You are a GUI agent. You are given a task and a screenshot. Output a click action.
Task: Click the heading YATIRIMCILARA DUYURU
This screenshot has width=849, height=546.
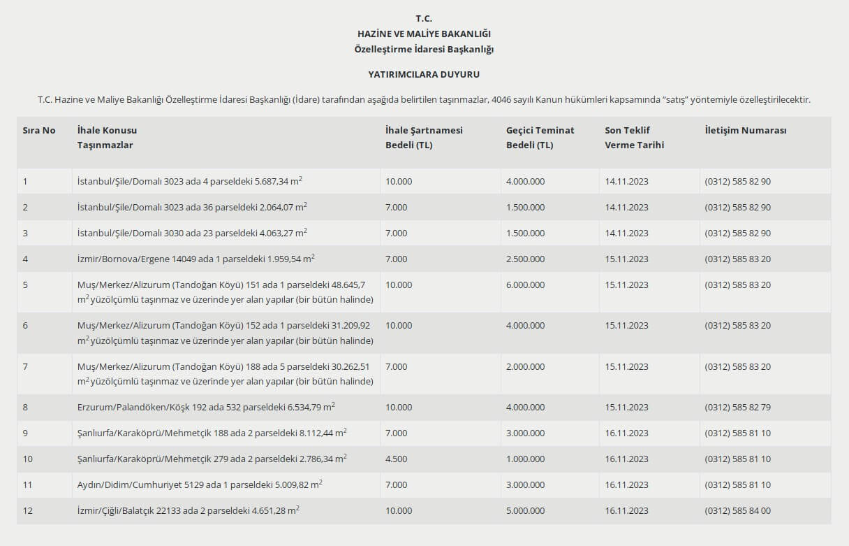click(x=424, y=74)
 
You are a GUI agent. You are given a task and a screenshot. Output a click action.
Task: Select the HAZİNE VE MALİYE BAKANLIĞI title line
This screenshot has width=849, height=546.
click(x=424, y=34)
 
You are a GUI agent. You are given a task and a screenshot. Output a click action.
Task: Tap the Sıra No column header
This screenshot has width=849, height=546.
click(x=39, y=131)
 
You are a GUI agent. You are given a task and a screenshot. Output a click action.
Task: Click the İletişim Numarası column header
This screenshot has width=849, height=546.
click(x=746, y=131)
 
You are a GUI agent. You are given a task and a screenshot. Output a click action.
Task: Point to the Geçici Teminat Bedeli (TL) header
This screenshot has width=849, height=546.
click(x=540, y=138)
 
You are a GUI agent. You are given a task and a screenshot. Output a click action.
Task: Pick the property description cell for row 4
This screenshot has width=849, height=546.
click(x=196, y=259)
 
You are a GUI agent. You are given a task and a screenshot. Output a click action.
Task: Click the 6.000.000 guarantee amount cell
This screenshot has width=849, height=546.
click(x=525, y=285)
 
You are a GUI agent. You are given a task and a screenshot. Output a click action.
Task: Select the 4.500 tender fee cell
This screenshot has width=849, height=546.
click(x=396, y=459)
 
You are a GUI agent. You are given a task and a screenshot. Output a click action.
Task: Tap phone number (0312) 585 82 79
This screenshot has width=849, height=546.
click(x=737, y=407)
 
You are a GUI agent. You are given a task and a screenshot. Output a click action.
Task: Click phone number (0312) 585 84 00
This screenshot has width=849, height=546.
click(x=737, y=510)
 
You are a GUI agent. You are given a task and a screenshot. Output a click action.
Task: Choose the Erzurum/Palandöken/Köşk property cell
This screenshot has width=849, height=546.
click(x=206, y=407)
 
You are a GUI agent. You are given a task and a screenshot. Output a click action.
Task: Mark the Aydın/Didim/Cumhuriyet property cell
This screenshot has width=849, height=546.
click(x=200, y=484)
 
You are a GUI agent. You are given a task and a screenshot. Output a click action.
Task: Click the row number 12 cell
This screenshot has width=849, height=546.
click(x=28, y=510)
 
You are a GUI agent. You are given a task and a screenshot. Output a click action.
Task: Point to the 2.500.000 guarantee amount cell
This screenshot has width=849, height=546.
click(x=525, y=259)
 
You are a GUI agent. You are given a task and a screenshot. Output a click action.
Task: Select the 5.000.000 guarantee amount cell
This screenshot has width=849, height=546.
click(x=525, y=510)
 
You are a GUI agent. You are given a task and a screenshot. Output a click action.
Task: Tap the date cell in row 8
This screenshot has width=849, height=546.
click(x=626, y=407)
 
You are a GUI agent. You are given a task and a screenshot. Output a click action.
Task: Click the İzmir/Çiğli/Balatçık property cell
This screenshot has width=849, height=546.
click(x=189, y=510)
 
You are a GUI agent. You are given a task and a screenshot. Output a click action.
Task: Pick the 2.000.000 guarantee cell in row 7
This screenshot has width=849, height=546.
click(x=525, y=366)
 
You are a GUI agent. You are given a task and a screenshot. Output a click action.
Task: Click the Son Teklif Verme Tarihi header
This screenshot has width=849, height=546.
click(x=634, y=138)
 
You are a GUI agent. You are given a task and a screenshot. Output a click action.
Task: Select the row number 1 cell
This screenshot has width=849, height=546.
click(x=25, y=182)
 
